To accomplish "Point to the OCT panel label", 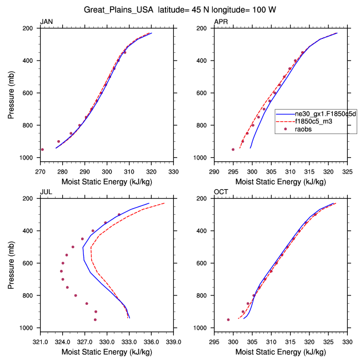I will (221, 191).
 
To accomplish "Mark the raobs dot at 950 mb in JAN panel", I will (42, 149).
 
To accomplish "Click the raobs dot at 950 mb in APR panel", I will (233, 149).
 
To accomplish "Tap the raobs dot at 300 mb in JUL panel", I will (119, 215).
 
